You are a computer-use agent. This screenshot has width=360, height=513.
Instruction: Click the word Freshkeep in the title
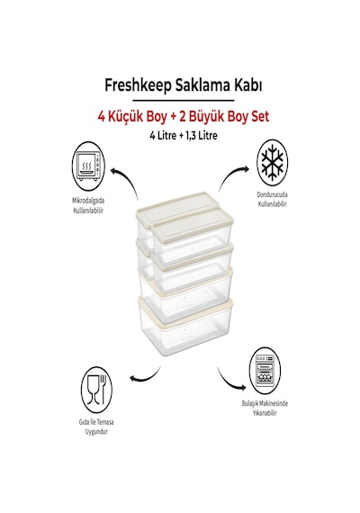point(138,85)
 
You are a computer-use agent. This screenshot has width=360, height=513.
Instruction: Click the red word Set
point(259,116)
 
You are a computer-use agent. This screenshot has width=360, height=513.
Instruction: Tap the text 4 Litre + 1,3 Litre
point(184,135)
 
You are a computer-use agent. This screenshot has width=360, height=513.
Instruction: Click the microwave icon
point(88,166)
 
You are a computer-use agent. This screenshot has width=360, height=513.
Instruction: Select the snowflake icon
point(272,163)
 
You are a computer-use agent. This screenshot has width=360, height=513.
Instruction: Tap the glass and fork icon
point(96,391)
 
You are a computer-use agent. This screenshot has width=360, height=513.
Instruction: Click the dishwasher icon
point(265,371)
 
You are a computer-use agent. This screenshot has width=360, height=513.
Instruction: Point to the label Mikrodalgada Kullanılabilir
point(88,205)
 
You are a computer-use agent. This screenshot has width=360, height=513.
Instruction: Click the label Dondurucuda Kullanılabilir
point(272,199)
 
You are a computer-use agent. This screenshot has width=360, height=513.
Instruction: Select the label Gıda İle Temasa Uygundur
point(96,427)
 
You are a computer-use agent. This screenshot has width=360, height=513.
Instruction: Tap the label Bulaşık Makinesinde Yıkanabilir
point(265,408)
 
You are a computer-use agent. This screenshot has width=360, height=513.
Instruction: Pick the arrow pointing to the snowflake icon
point(229,175)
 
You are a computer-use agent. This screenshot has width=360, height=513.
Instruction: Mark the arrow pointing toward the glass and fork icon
point(148,378)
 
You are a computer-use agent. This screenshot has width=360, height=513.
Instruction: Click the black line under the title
point(184,101)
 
